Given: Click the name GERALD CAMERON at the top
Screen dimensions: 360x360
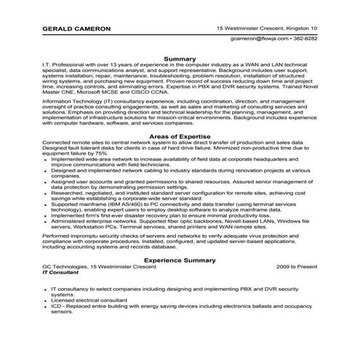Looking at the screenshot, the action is pos(76,28).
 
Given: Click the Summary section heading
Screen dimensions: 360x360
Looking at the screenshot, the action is pos(179,57).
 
